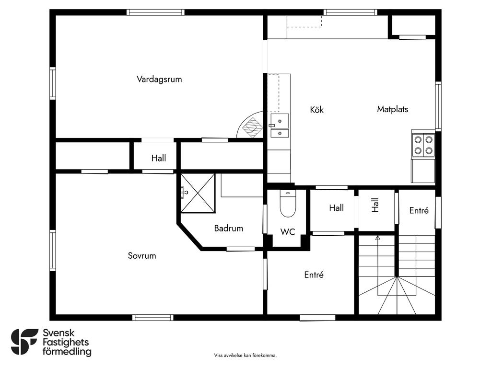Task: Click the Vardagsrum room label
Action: [x=159, y=79]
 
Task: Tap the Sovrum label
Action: [x=142, y=256]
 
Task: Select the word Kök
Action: [x=316, y=110]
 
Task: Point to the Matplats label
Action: [x=392, y=109]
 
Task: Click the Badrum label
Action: [x=229, y=228]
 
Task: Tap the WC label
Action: [x=288, y=232]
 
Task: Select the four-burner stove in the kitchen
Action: [x=423, y=145]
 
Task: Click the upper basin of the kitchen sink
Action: [x=280, y=120]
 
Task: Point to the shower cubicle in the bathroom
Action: [x=198, y=193]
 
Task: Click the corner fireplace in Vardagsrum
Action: [x=250, y=125]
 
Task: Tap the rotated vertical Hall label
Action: [x=375, y=205]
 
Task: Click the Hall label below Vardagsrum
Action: [x=158, y=158]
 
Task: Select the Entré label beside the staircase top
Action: [x=419, y=210]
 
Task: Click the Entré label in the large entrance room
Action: [x=314, y=275]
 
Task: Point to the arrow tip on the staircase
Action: [x=378, y=237]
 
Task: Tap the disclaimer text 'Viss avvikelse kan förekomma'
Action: [x=245, y=355]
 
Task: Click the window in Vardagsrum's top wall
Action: [x=156, y=12]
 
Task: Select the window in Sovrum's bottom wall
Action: [x=153, y=318]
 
